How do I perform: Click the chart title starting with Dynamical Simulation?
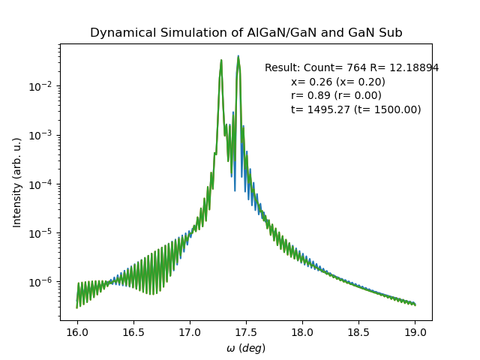(246, 33)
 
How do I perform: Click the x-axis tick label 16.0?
(77, 332)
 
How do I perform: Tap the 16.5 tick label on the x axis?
(133, 332)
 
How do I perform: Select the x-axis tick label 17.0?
(190, 332)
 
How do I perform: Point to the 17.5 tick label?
(246, 332)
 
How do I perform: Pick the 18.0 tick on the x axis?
(302, 332)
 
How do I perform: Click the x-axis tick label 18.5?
(358, 332)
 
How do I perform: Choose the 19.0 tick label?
(415, 332)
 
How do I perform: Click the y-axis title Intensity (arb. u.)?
(17, 183)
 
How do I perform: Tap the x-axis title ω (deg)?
(246, 348)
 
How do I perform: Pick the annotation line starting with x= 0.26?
(338, 82)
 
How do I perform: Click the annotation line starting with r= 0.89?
(336, 95)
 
